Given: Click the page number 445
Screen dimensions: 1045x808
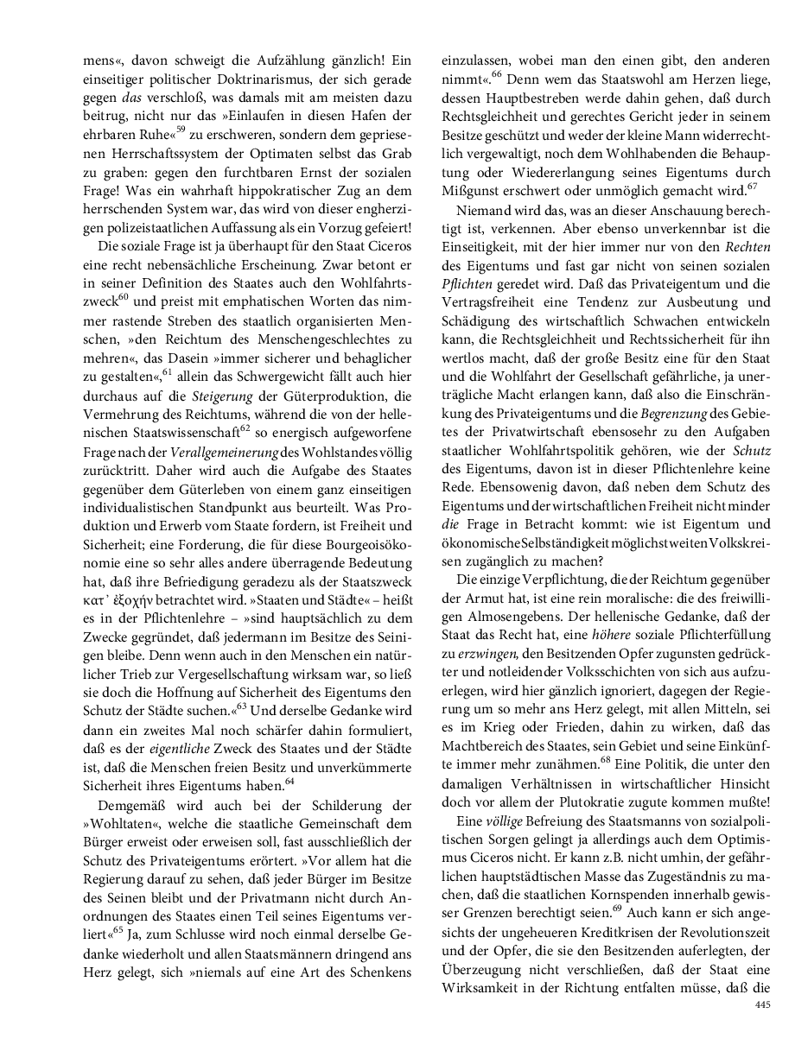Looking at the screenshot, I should tap(762, 1004).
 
